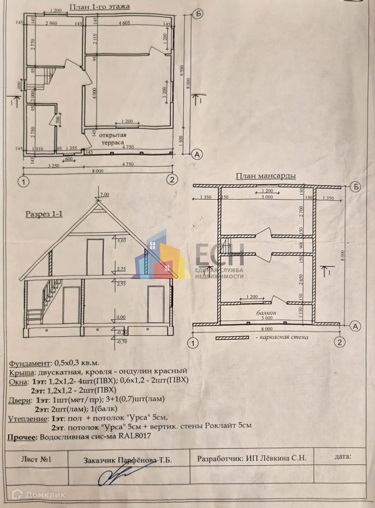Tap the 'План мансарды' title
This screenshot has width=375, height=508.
pos(266,176)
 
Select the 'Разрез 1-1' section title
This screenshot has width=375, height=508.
pos(44,214)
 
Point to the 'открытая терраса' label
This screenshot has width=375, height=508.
pos(112,139)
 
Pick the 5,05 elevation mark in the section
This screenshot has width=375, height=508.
pos(121,241)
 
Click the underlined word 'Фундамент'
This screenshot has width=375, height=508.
pos(30,364)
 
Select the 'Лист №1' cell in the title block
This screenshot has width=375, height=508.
pos(36,459)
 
